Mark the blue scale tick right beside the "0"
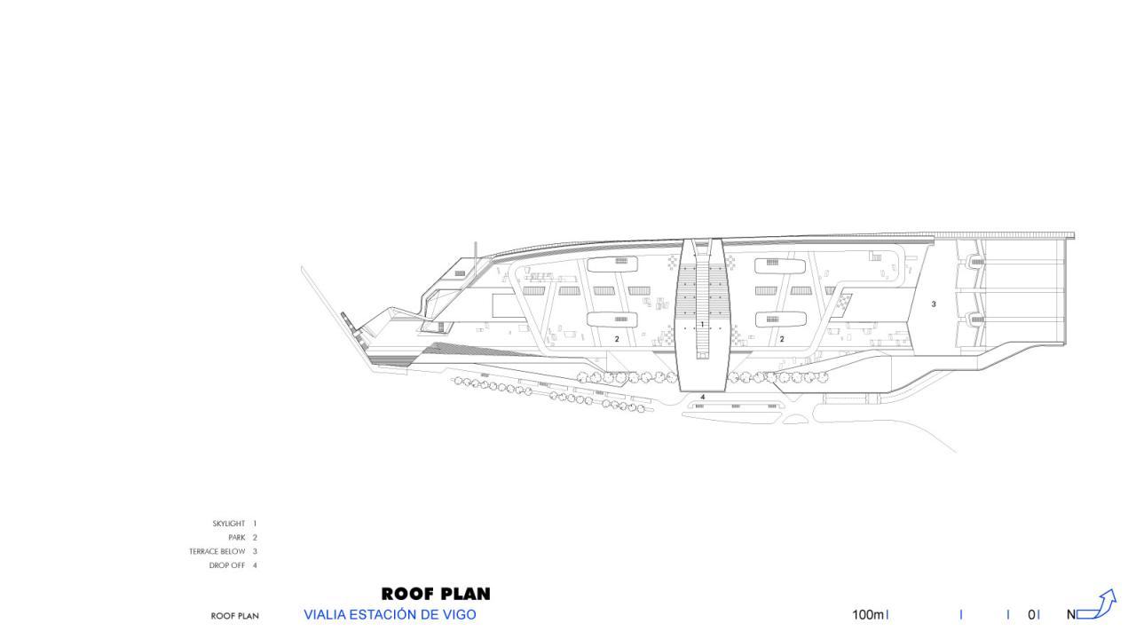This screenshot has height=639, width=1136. click(x=1038, y=615)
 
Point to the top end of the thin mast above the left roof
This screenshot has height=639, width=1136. click(x=476, y=242)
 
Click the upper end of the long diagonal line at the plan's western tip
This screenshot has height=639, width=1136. click(x=302, y=267)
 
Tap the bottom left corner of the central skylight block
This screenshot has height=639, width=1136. click(x=680, y=391)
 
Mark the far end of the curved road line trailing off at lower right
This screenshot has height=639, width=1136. click(x=956, y=452)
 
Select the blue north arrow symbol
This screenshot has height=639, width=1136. click(x=1096, y=604)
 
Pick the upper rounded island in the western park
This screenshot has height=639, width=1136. click(x=612, y=264)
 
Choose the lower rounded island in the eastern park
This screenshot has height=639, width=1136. click(x=780, y=319)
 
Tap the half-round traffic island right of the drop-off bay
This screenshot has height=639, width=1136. click(x=795, y=420)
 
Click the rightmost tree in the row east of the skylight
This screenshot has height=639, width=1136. click(x=823, y=377)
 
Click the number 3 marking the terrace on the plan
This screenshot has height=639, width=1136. click(x=934, y=304)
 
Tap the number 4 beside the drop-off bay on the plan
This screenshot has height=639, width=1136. click(x=703, y=397)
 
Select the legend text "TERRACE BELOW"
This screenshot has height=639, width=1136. click(x=217, y=551)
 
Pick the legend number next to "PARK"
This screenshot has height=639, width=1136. click(x=255, y=538)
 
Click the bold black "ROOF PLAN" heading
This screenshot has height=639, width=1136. click(x=436, y=594)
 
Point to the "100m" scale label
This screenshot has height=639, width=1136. click(x=868, y=615)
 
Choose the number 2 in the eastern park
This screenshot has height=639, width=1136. click(x=782, y=339)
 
